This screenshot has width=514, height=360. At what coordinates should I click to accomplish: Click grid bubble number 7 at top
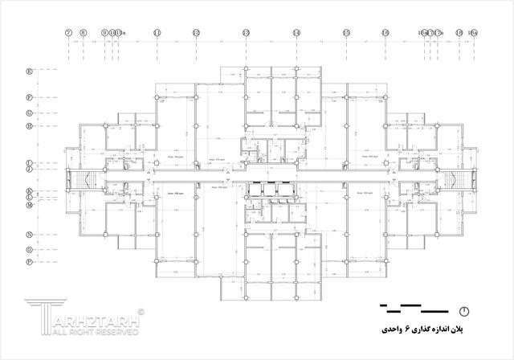[x=69, y=33]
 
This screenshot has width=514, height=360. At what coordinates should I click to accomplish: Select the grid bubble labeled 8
[x=83, y=33]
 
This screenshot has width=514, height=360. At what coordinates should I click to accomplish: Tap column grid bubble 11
[x=157, y=33]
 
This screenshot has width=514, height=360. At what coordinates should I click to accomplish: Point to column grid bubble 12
[x=196, y=33]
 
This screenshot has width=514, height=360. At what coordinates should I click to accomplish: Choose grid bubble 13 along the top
[x=246, y=33]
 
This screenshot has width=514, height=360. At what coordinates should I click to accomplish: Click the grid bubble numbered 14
[x=296, y=33]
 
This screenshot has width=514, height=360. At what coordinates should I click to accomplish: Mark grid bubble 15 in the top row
[x=346, y=33]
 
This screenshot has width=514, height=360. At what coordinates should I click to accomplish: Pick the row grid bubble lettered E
[x=29, y=72]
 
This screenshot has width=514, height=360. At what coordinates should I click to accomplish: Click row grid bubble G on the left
[x=29, y=112]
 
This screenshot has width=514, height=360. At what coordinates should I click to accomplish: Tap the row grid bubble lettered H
[x=29, y=126]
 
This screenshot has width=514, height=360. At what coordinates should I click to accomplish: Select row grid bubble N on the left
[x=29, y=235]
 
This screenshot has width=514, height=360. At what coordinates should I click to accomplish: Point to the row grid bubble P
[x=29, y=262]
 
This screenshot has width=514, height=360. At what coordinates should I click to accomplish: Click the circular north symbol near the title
[x=464, y=310]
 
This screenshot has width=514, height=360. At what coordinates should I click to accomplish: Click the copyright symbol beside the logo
[x=141, y=310]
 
